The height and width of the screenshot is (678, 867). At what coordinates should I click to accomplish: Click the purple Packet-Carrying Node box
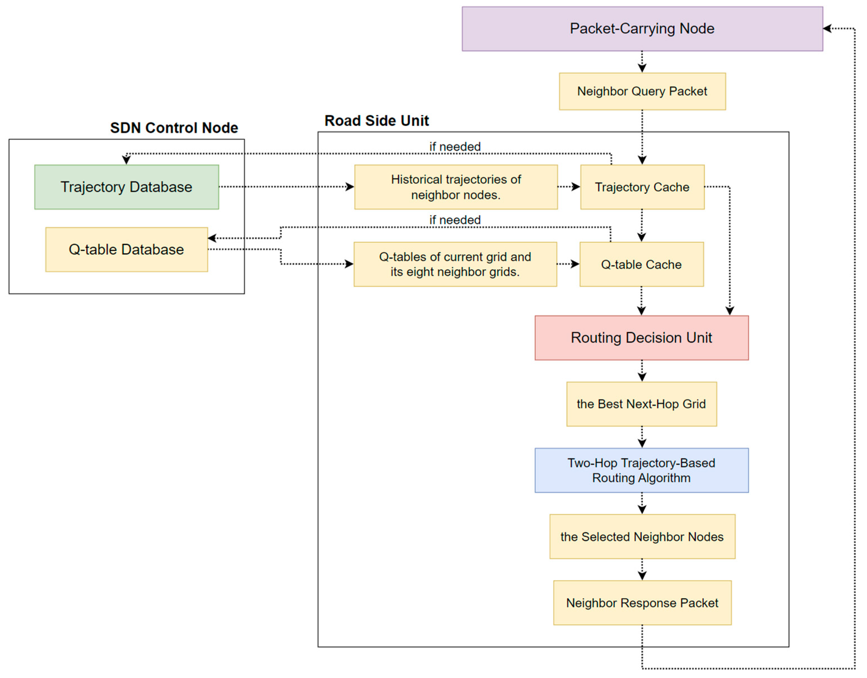click(642, 29)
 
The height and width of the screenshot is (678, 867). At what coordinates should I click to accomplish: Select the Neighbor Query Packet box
click(642, 91)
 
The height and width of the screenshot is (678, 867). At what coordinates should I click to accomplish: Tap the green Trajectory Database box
click(126, 187)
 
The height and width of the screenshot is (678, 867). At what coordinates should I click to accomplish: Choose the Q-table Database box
click(126, 249)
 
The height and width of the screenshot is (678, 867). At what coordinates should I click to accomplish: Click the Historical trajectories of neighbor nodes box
click(456, 187)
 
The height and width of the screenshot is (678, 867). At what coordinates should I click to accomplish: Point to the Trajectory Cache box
click(642, 187)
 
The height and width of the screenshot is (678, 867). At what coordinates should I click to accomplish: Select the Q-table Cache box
click(641, 264)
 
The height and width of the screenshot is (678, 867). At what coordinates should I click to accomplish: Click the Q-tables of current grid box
click(455, 264)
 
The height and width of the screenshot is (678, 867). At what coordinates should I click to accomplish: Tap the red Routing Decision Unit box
click(641, 338)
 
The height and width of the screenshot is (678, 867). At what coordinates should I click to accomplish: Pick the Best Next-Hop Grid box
click(641, 404)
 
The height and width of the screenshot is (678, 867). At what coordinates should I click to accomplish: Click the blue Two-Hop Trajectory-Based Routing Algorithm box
click(641, 470)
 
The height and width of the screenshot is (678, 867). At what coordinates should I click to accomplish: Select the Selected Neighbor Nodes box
click(642, 537)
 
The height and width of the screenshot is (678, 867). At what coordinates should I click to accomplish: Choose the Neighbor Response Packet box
click(642, 603)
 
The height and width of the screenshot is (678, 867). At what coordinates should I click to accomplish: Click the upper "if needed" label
click(455, 146)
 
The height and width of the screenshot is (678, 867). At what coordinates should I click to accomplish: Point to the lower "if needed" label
click(455, 220)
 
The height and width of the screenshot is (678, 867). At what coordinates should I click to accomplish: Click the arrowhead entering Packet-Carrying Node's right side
click(827, 29)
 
